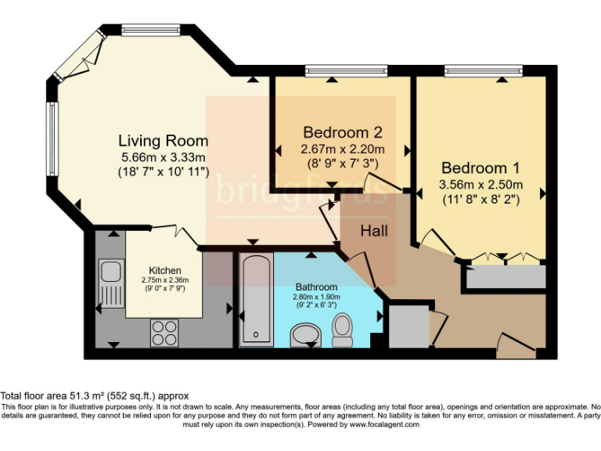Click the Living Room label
pyautogui.click(x=164, y=141)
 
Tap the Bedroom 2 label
pyautogui.click(x=343, y=132)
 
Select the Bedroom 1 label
pyautogui.click(x=480, y=168)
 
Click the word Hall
pyautogui.click(x=374, y=231)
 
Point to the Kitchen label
pyautogui.click(x=165, y=270)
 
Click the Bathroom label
pyautogui.click(x=316, y=287)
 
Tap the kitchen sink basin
pyautogui.click(x=111, y=271)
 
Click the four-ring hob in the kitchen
pyautogui.click(x=164, y=333)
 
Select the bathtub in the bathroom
pyautogui.click(x=257, y=300)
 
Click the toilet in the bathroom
pyautogui.click(x=342, y=330)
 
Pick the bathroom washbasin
pyautogui.click(x=306, y=335)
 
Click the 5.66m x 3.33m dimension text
pyautogui.click(x=164, y=157)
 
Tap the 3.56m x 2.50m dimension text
pyautogui.click(x=480, y=185)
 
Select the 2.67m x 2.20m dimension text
pyautogui.click(x=343, y=149)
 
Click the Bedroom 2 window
pyautogui.click(x=347, y=70)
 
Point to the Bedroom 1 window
pyautogui.click(x=484, y=70)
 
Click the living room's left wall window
pyautogui.click(x=52, y=139)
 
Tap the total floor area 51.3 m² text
pyautogui.click(x=94, y=395)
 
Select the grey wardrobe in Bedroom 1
pyautogui.click(x=506, y=277)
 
